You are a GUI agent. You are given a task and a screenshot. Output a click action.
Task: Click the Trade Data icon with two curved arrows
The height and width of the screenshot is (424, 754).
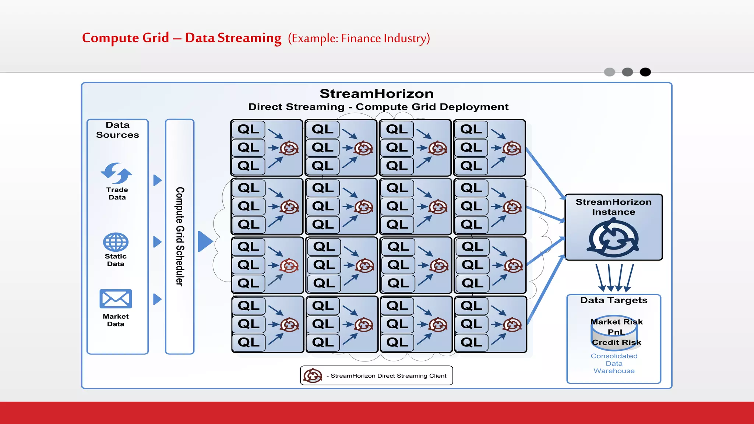click(116, 173)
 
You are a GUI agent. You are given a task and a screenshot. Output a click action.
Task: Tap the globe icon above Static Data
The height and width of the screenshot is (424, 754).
click(116, 242)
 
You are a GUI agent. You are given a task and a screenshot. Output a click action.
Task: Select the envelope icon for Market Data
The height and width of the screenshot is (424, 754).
click(116, 298)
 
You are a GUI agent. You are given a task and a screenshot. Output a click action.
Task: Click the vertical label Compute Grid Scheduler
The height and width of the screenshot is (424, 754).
click(180, 236)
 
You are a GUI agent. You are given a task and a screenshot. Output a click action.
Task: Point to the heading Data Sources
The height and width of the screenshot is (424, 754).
click(117, 130)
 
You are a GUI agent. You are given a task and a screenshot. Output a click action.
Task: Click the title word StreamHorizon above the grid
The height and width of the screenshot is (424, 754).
click(376, 93)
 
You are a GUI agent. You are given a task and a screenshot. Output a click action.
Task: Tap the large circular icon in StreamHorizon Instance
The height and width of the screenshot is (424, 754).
click(613, 238)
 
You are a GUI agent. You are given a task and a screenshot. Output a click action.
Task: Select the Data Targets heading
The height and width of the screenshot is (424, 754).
click(614, 300)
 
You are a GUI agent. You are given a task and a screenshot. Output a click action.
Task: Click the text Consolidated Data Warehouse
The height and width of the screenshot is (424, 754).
click(614, 363)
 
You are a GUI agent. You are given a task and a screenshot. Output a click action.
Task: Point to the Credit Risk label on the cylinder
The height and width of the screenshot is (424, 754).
click(616, 342)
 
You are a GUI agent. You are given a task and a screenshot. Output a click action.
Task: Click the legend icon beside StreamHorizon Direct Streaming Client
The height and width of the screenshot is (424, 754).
click(313, 375)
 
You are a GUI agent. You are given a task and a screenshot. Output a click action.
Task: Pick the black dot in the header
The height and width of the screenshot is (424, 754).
click(645, 72)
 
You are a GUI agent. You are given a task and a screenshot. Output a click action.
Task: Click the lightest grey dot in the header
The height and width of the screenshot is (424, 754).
click(609, 72)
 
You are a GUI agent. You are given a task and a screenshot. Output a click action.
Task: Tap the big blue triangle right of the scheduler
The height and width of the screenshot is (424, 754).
click(205, 241)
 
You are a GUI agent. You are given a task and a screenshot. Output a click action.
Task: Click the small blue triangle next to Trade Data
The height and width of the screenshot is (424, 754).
click(157, 180)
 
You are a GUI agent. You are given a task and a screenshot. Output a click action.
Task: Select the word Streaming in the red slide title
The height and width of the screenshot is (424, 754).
click(249, 38)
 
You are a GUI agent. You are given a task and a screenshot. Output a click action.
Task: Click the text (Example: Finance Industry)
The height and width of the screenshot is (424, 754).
click(359, 38)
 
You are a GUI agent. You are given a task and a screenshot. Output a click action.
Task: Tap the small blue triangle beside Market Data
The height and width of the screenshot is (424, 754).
click(157, 299)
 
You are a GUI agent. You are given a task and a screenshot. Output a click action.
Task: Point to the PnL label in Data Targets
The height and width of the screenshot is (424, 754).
click(616, 332)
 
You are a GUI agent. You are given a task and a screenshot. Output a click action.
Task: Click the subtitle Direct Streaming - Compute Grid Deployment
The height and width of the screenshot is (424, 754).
click(378, 107)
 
